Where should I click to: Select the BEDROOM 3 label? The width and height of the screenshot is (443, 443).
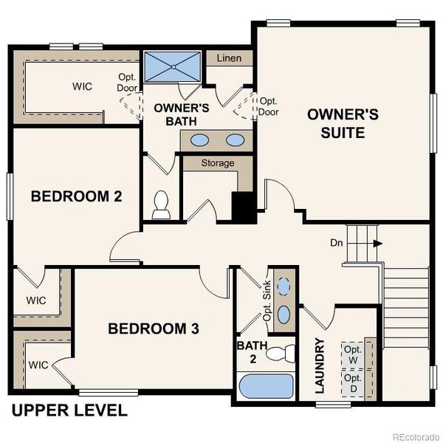[x=154, y=329]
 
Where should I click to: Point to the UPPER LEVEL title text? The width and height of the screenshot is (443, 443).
[x=69, y=411]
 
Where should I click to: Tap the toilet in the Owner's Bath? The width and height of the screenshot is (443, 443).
[x=160, y=206]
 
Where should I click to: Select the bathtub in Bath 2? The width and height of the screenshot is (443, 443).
[x=267, y=386]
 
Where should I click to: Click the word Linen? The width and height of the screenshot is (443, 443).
[x=230, y=58]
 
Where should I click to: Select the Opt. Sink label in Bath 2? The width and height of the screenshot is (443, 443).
[x=267, y=303]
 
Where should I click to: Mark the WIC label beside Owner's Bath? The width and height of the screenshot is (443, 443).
[x=82, y=86]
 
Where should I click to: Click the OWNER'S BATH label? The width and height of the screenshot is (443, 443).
[x=182, y=113]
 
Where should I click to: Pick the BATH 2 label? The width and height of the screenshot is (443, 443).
[x=247, y=351]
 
